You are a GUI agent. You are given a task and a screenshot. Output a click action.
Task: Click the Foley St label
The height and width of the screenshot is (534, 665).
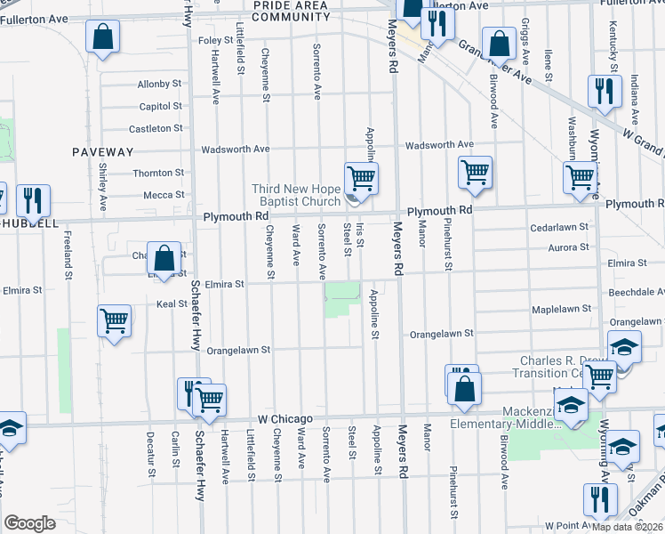(214, 41)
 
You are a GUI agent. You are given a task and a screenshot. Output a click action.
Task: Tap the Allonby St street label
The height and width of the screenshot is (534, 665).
(160, 85)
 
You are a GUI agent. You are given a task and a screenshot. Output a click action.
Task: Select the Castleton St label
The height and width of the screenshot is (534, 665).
(160, 128)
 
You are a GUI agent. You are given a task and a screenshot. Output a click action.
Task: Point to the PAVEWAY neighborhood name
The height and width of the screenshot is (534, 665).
(103, 152)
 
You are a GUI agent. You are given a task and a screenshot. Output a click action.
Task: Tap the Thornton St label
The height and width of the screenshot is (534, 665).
(158, 173)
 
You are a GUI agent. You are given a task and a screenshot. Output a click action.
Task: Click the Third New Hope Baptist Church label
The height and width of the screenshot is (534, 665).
(296, 195)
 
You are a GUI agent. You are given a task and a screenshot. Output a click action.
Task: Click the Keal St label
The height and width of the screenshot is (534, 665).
(172, 303)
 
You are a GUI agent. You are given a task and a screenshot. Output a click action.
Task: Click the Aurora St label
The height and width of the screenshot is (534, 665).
(569, 248)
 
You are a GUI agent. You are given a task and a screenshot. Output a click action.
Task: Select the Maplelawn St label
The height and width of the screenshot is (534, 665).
(561, 309)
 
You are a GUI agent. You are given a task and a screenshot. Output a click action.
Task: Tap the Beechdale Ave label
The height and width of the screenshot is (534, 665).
(636, 292)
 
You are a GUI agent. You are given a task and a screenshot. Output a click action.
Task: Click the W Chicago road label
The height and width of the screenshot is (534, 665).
(285, 418)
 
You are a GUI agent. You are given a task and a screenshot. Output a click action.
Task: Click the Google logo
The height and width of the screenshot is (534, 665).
(30, 523)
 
